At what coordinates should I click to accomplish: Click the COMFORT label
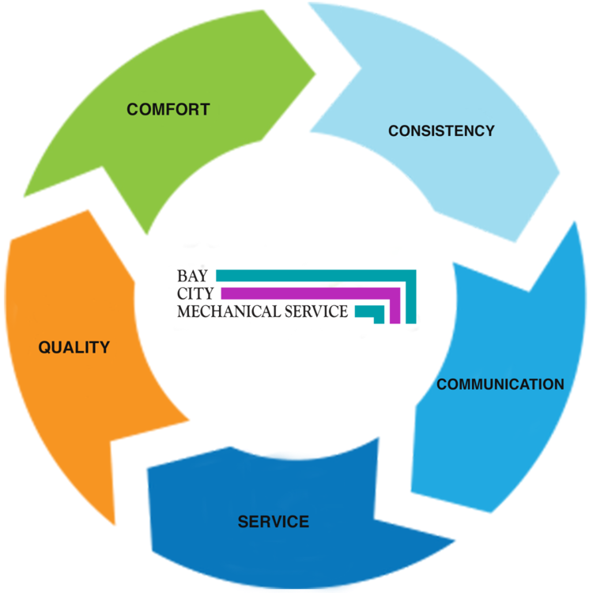click(168, 110)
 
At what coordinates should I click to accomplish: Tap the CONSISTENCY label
click(441, 130)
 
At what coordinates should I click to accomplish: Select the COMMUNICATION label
click(500, 384)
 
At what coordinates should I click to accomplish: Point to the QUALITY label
click(74, 347)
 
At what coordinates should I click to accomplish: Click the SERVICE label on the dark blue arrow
click(274, 522)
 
